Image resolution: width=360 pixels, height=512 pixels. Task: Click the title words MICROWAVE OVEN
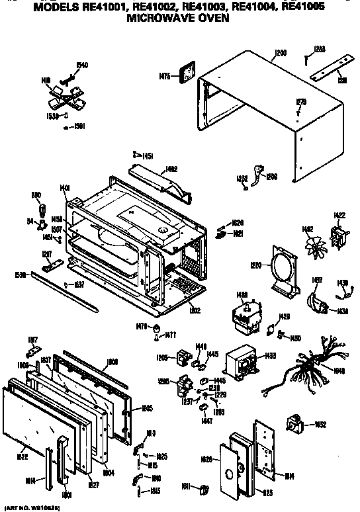(x=181, y=19)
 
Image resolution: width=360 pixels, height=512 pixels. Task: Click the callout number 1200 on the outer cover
(x=281, y=52)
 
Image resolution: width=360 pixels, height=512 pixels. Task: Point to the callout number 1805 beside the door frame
(x=147, y=408)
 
